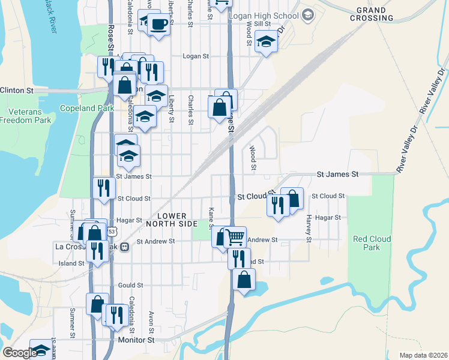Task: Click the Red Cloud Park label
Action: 372,243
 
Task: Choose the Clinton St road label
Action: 17,90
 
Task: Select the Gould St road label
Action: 130,286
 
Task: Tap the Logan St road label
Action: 194,56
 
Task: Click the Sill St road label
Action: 262,23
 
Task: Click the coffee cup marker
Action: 158,25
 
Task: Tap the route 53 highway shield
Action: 112,230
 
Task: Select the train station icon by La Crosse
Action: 125,247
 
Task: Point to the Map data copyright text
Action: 423,355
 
